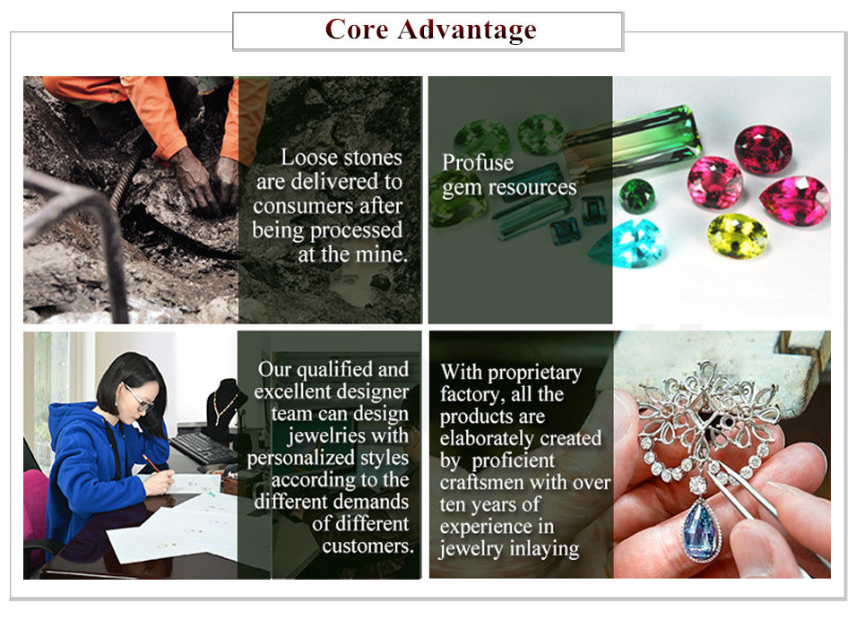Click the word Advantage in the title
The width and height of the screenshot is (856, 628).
[467, 30]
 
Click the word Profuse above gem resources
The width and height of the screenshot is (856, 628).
[478, 162]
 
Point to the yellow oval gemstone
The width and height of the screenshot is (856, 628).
[738, 236]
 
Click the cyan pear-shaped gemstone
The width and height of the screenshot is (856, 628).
[627, 244]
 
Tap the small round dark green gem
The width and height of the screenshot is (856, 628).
[636, 194]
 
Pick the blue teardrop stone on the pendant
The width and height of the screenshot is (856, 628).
[701, 529]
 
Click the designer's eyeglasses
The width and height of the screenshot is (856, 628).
[138, 398]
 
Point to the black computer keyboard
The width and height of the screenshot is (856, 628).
[203, 447]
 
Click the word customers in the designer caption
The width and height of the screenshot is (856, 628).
[367, 546]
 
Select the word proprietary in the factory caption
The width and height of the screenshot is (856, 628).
[534, 374]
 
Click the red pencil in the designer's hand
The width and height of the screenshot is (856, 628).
[151, 463]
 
